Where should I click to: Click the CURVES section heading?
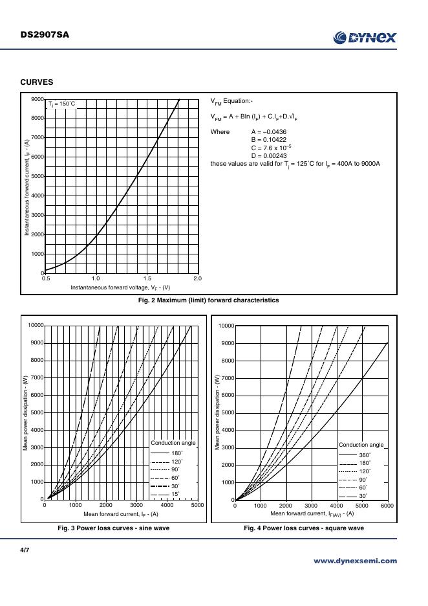coord(36,82)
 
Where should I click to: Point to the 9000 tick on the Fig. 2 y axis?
coord(37,99)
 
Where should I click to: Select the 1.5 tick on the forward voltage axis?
coord(147,278)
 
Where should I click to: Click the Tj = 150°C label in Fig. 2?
coord(63,104)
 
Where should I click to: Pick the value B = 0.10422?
coord(268,140)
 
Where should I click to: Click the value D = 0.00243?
coord(268,155)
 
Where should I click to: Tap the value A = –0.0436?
coord(268,132)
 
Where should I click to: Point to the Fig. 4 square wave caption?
coord(303,528)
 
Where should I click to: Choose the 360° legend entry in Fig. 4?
coord(365,455)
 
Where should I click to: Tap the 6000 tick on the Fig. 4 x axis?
coord(387,505)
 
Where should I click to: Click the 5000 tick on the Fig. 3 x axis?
coord(198,505)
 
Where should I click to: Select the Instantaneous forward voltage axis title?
coord(120,287)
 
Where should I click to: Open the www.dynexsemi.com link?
coord(355,561)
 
